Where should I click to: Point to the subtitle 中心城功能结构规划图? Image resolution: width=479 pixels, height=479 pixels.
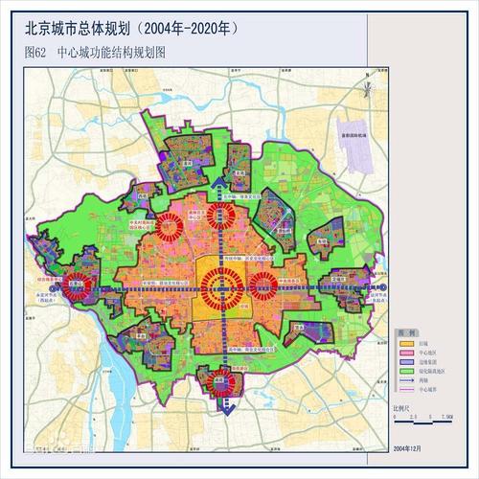pos(111,54)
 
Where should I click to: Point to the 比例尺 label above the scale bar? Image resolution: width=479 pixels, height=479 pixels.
pos(403,410)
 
